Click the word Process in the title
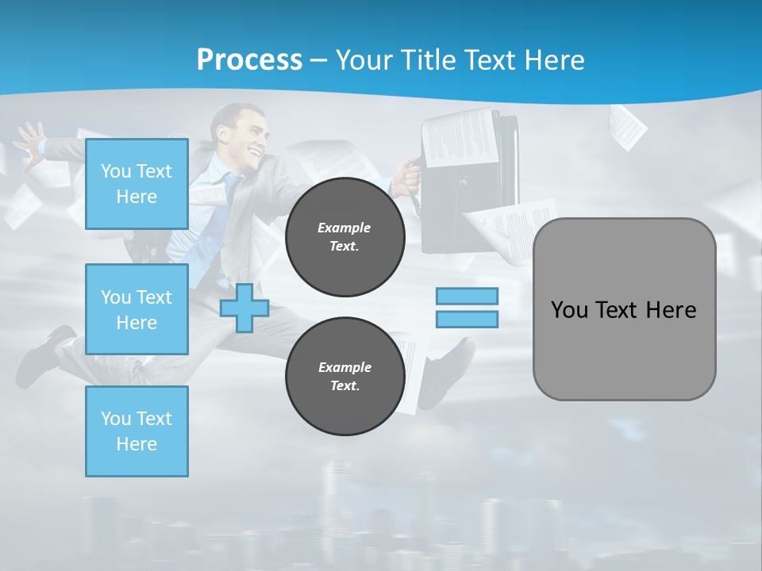tap(249, 59)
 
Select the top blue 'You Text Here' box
tap(137, 184)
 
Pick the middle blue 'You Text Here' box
tap(137, 309)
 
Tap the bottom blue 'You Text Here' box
tap(137, 431)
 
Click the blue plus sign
tap(244, 308)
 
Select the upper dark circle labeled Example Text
tap(344, 237)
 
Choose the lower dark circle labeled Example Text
tap(344, 377)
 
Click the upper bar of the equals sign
tap(467, 296)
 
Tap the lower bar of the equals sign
tap(467, 320)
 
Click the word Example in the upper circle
tap(344, 228)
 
